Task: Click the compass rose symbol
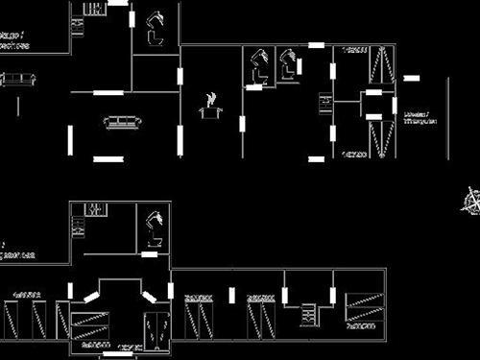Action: [470, 202]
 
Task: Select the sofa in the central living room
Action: [122, 122]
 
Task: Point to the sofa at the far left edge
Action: [15, 81]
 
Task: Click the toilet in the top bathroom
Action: [155, 29]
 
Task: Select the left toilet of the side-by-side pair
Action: [257, 67]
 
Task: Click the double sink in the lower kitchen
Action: [93, 208]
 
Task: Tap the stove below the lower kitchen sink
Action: [77, 229]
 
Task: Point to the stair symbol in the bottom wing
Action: [309, 314]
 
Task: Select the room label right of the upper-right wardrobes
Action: [420, 117]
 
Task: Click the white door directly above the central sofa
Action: [108, 92]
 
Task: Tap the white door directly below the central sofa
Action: [108, 157]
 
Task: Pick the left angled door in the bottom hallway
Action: [92, 297]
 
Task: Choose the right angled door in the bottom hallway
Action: [150, 297]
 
